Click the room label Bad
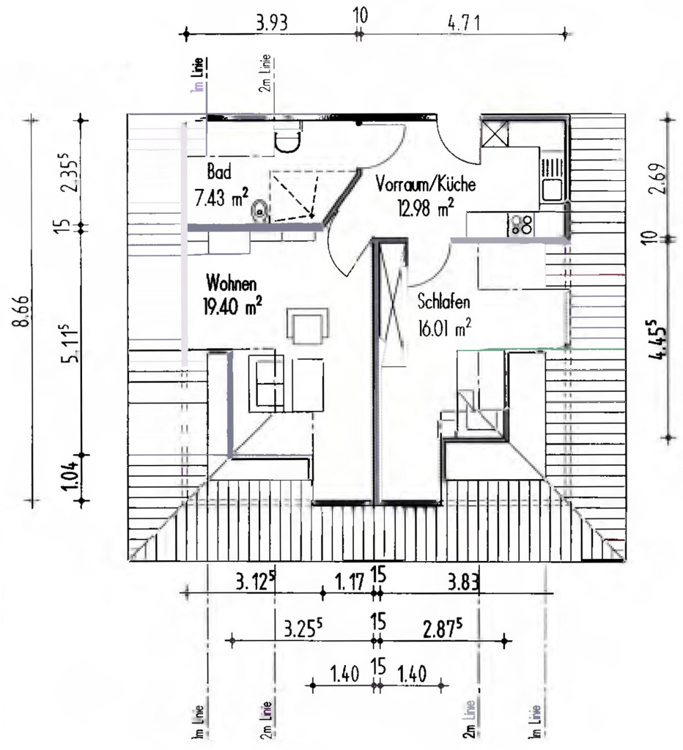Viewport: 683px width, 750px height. [x=219, y=172]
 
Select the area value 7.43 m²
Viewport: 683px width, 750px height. [x=221, y=196]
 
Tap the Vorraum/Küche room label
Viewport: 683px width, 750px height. [x=426, y=185]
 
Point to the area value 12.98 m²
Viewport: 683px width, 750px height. [x=425, y=207]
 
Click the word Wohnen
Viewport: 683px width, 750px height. [x=231, y=282]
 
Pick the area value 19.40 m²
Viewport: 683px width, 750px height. [x=233, y=305]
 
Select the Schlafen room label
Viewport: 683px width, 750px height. [x=443, y=302]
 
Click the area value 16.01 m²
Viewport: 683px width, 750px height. [x=444, y=327]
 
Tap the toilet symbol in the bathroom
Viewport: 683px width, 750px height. [x=259, y=213]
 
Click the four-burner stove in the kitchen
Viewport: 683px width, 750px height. [x=521, y=224]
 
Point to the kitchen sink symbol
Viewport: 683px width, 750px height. [x=552, y=179]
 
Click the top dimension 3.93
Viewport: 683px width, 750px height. [x=271, y=21]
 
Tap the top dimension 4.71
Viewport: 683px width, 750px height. [x=463, y=21]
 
